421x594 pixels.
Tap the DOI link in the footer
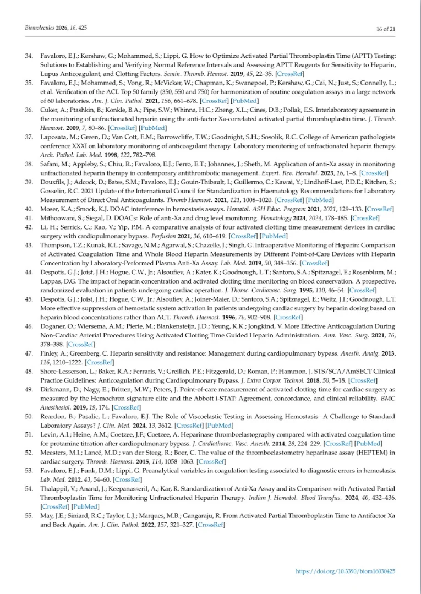pos(346,572)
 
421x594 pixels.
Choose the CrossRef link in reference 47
pos(100,362)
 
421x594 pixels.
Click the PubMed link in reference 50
pos(222,426)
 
